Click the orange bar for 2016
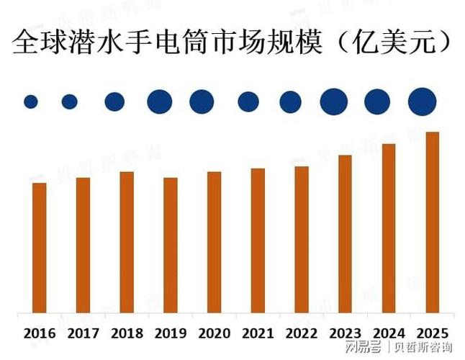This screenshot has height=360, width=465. (40, 248)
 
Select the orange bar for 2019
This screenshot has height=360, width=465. (170, 246)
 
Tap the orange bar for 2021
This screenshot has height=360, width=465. (258, 241)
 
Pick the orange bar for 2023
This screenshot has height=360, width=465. (345, 234)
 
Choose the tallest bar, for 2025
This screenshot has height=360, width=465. (432, 223)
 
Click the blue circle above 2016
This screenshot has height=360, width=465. (30, 102)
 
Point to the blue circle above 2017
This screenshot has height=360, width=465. (70, 102)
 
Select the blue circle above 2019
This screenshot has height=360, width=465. (159, 102)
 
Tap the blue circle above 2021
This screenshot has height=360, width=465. (248, 102)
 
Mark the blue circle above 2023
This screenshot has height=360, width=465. (333, 102)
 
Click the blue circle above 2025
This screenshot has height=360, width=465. (422, 102)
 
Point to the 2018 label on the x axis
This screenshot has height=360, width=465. (127, 333)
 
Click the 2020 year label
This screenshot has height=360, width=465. (214, 333)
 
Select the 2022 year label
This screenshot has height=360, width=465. (301, 333)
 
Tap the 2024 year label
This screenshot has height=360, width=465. (389, 333)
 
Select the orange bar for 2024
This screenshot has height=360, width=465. (389, 229)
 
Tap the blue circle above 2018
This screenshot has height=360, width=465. (114, 102)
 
